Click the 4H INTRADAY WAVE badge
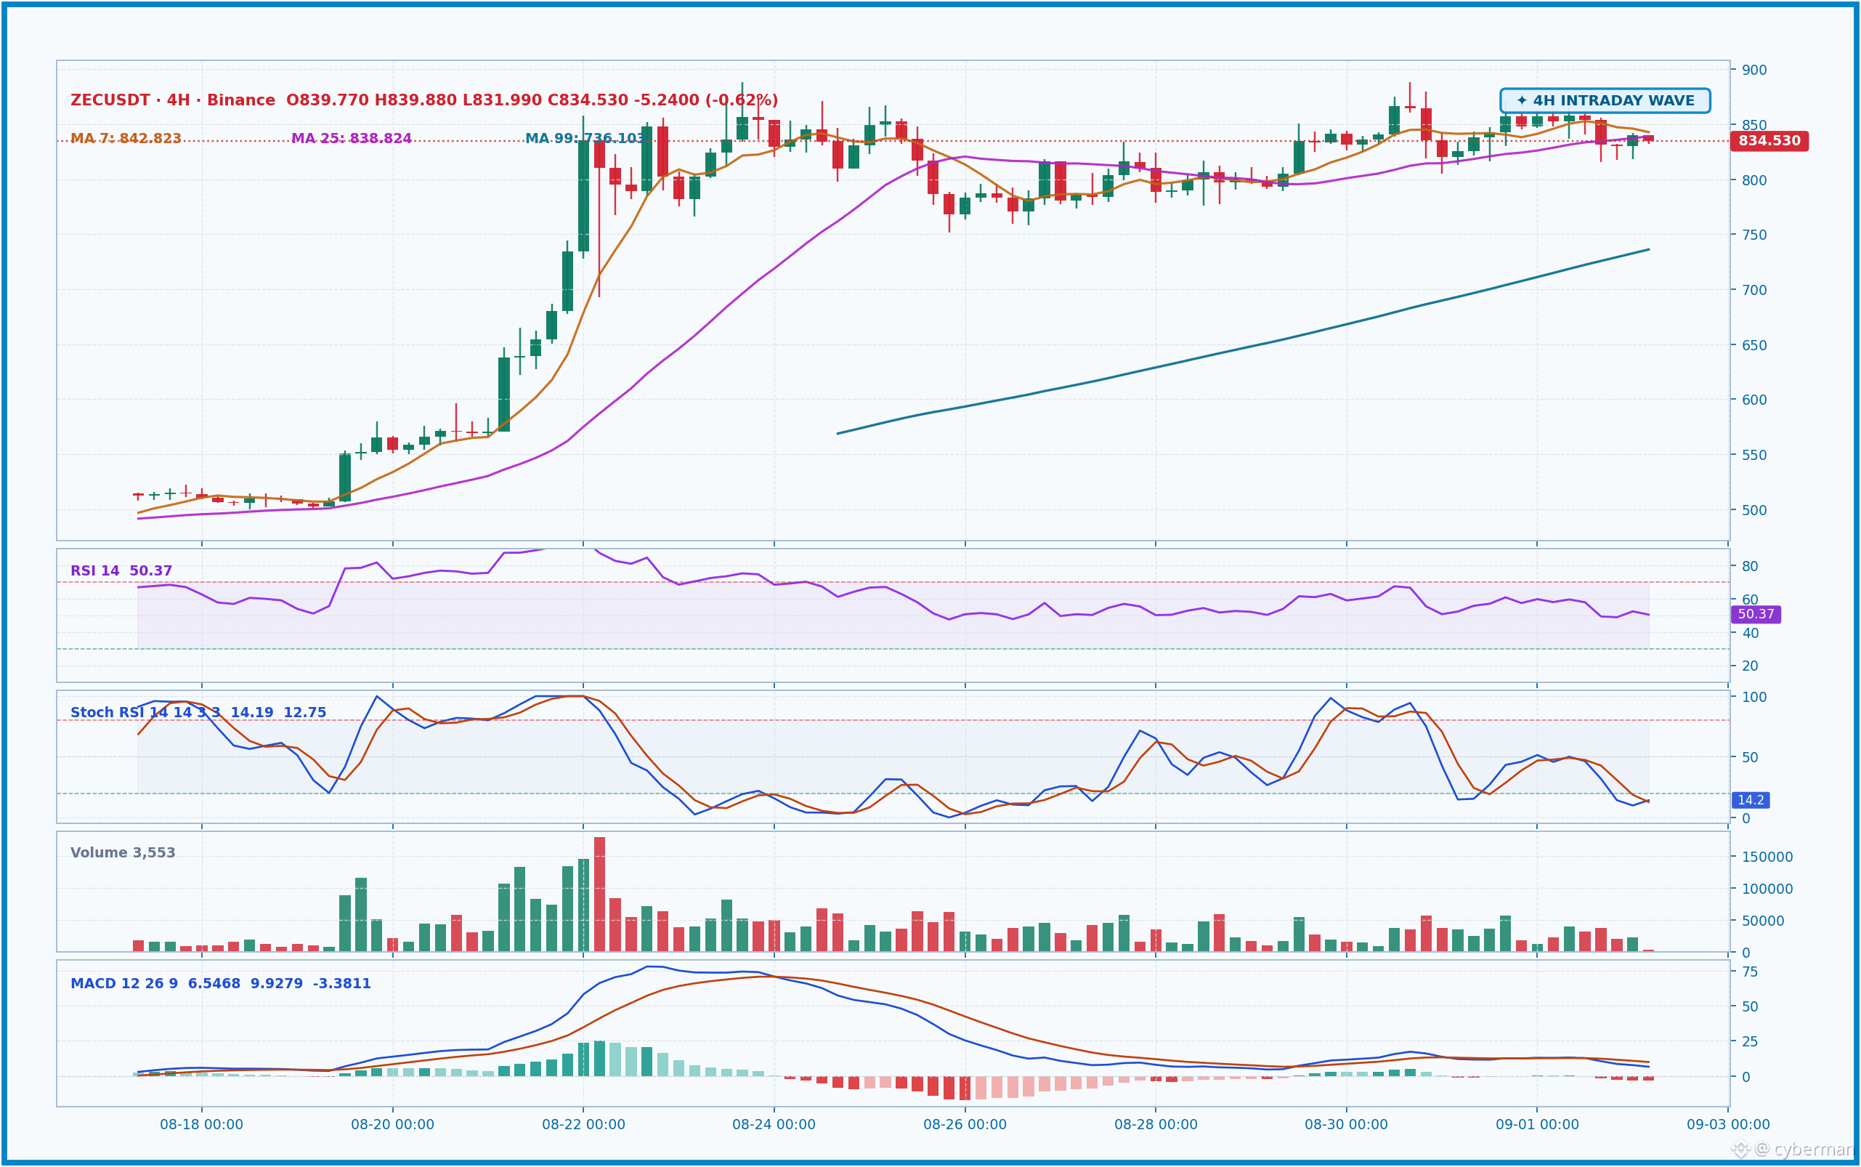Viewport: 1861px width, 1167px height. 1605,101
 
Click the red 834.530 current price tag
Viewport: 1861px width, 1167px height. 1769,141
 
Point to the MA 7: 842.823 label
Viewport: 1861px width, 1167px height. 126,139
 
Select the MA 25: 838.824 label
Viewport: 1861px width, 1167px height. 351,139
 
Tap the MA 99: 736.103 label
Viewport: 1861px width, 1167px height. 585,139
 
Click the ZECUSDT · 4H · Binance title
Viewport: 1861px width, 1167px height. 173,100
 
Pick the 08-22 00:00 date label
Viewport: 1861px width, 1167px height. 583,1125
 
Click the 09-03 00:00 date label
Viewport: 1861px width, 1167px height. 1728,1125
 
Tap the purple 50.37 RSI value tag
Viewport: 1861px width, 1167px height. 1756,614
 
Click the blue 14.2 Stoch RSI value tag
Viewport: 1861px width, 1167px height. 1751,800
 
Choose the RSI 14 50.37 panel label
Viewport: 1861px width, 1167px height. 121,571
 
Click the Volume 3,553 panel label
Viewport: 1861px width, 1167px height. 123,853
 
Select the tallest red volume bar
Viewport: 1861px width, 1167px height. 599,895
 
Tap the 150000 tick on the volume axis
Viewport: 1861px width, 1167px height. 1767,857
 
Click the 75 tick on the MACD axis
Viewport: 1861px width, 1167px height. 1751,972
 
